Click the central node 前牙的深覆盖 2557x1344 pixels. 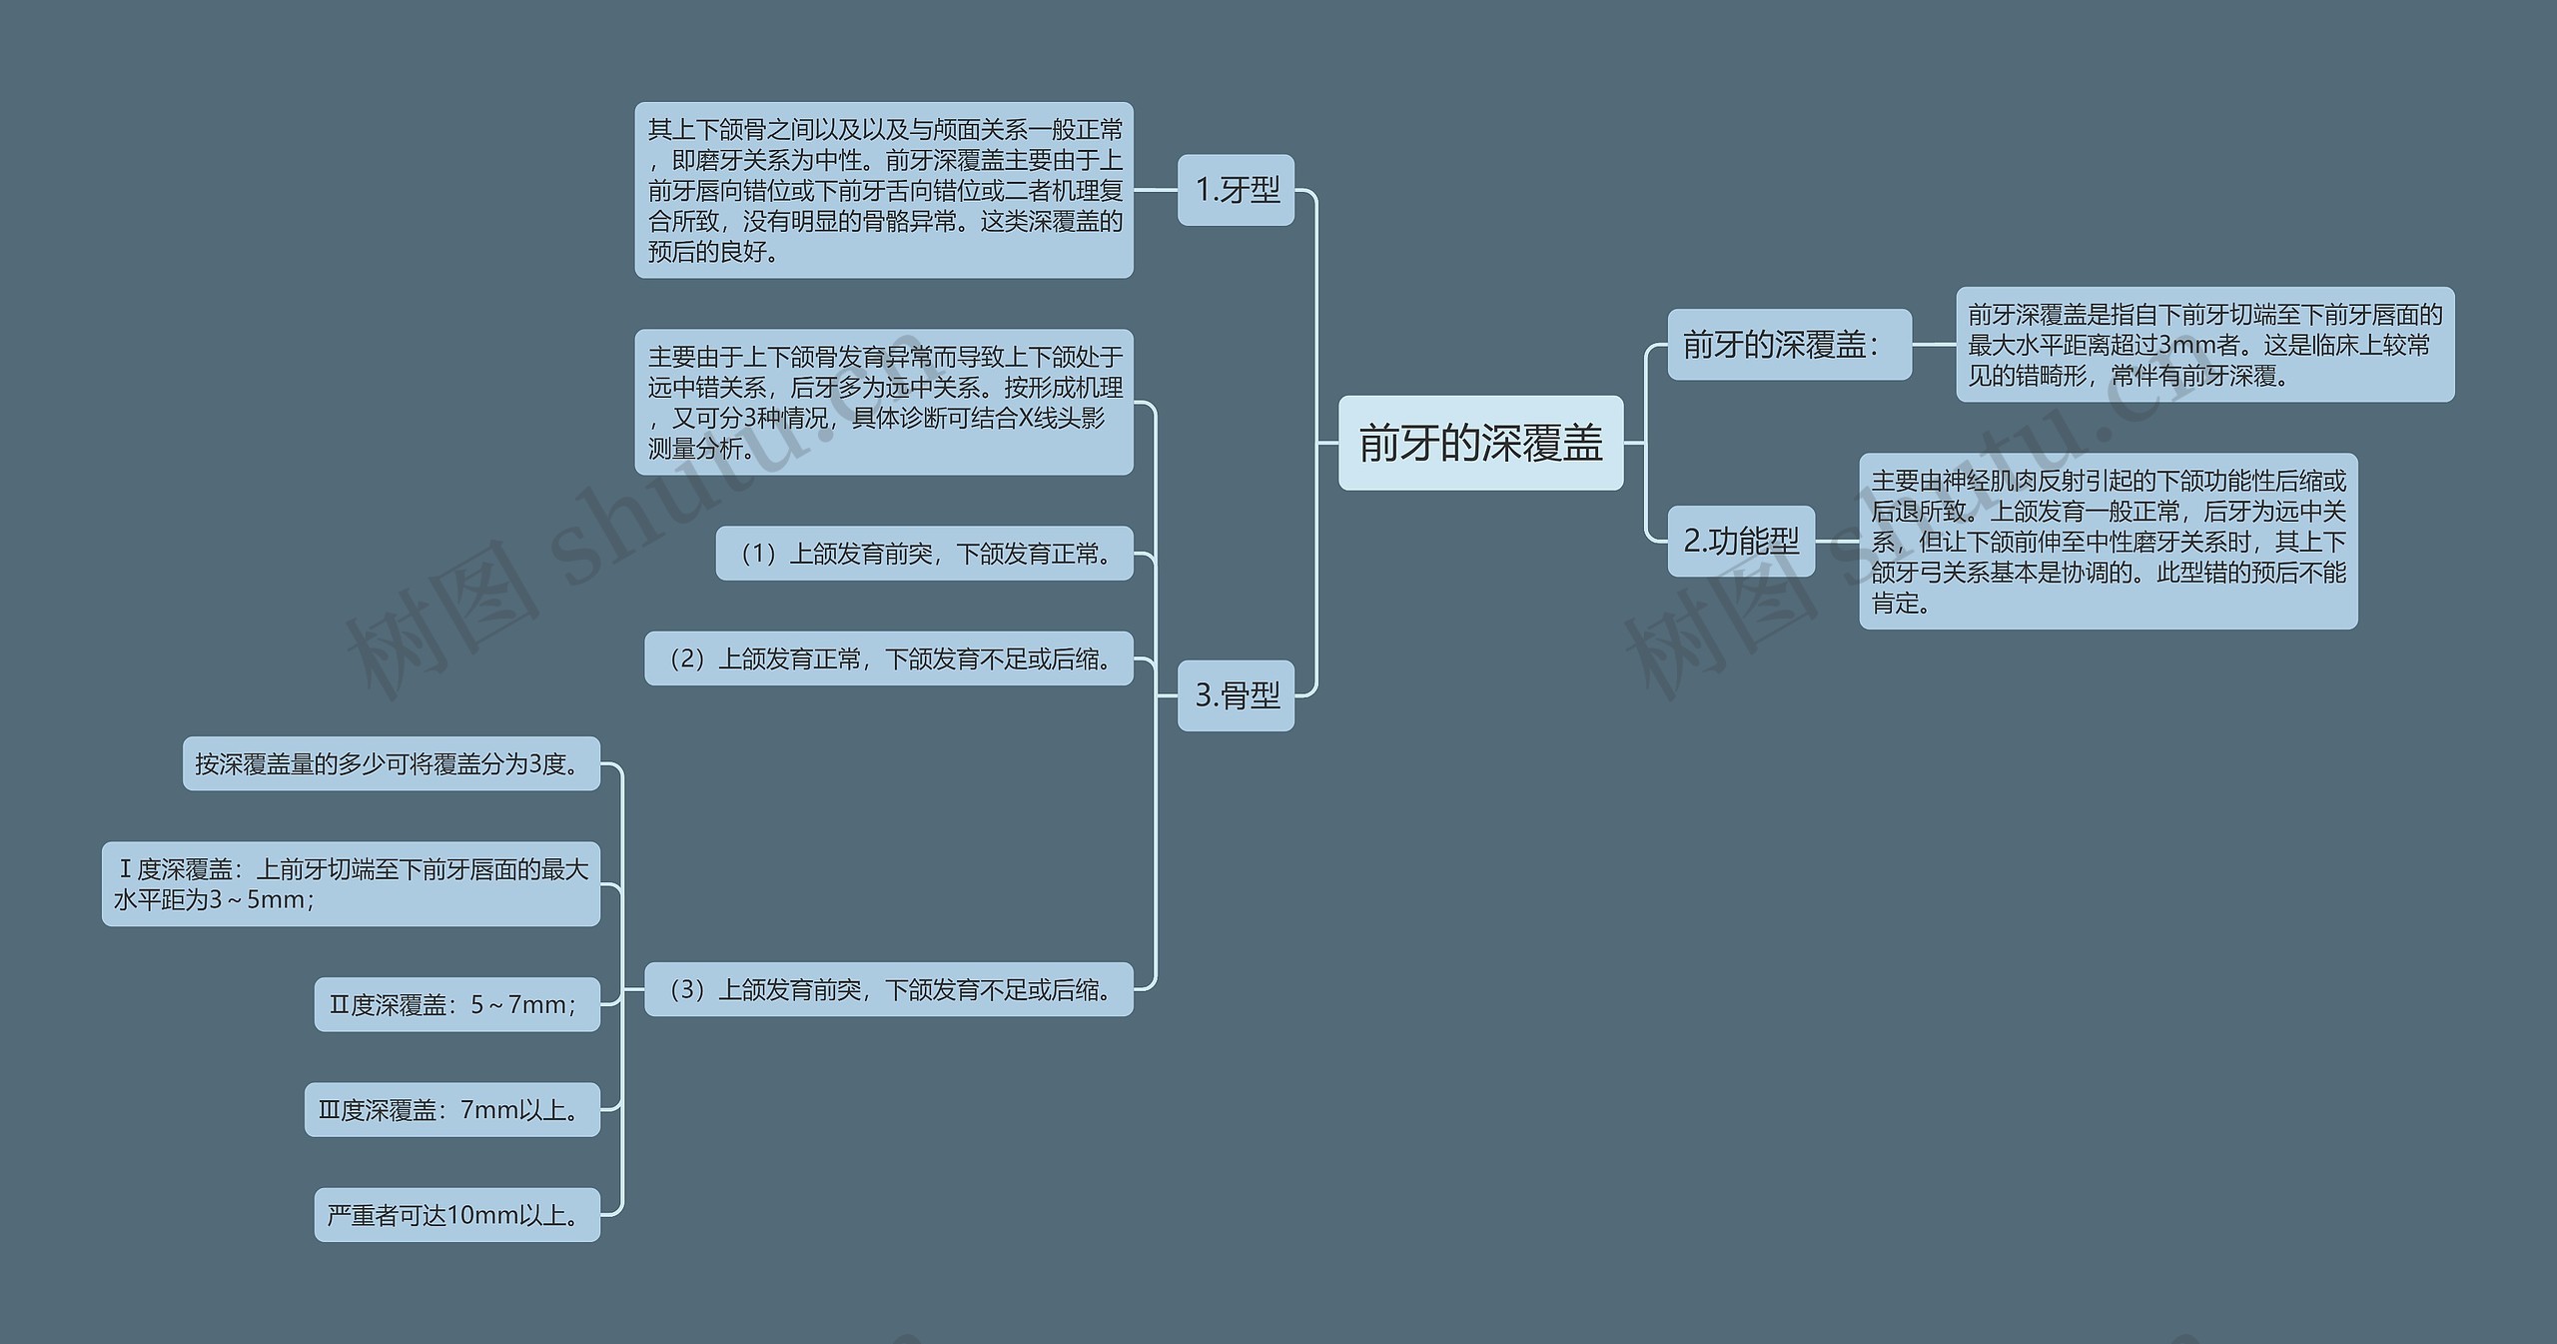1480,443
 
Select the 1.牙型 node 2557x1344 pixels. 1236,190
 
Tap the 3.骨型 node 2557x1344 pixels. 1236,695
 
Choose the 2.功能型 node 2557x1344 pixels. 1740,541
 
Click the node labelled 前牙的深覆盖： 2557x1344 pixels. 1788,345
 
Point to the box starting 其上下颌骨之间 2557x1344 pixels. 884,190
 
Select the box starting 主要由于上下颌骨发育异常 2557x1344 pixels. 884,402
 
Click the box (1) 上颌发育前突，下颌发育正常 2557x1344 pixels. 924,554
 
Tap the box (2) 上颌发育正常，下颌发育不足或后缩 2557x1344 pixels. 889,659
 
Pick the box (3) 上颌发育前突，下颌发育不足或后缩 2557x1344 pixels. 889,989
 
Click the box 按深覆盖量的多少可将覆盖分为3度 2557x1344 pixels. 392,763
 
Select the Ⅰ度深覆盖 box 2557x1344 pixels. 352,884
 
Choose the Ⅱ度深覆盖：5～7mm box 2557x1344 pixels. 457,1004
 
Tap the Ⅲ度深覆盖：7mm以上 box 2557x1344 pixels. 452,1110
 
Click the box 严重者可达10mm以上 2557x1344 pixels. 457,1215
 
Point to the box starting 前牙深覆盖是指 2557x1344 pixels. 2204,345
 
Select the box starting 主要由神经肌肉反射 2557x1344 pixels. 2108,541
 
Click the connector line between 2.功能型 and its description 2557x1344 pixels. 1837,541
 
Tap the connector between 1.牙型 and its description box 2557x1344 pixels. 1156,190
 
